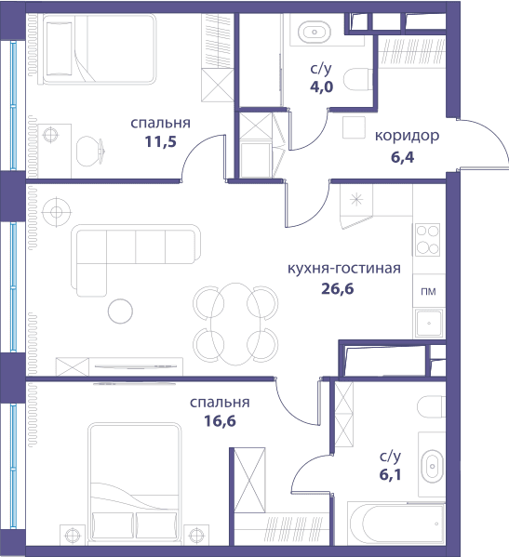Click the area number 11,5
pyautogui.click(x=160, y=142)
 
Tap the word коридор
pyautogui.click(x=407, y=136)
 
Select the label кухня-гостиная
pyautogui.click(x=343, y=269)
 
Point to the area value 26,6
pyautogui.click(x=338, y=289)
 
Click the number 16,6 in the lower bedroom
pyautogui.click(x=220, y=421)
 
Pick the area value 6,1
pyautogui.click(x=390, y=474)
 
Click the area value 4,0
pyautogui.click(x=321, y=86)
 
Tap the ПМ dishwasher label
pyautogui.click(x=428, y=292)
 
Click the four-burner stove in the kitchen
pyautogui.click(x=428, y=239)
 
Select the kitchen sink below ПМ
pyautogui.click(x=429, y=323)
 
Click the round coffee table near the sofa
pyautogui.click(x=120, y=312)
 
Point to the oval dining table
pyautogui.click(x=235, y=324)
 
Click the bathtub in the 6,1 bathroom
pyautogui.click(x=396, y=524)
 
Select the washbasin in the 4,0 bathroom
pyautogui.click(x=315, y=32)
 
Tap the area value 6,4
pyautogui.click(x=403, y=157)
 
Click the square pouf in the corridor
pyautogui.click(x=354, y=127)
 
